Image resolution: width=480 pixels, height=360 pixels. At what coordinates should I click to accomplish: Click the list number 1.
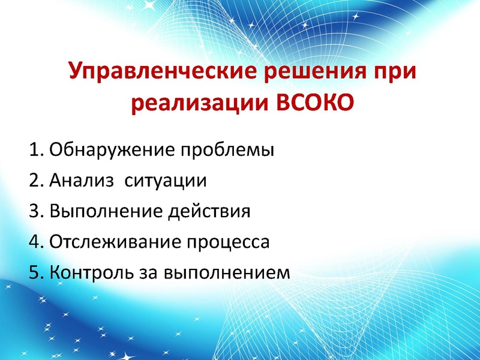pyautogui.click(x=34, y=149)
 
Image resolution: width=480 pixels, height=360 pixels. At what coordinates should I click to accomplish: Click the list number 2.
pyautogui.click(x=34, y=180)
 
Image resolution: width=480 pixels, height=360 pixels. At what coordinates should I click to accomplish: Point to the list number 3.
pyautogui.click(x=34, y=211)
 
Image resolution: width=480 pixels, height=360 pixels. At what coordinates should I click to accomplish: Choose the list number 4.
pyautogui.click(x=34, y=242)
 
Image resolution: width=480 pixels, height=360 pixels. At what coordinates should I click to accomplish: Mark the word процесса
pyautogui.click(x=227, y=244)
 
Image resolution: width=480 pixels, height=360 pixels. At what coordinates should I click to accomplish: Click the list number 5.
pyautogui.click(x=34, y=274)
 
